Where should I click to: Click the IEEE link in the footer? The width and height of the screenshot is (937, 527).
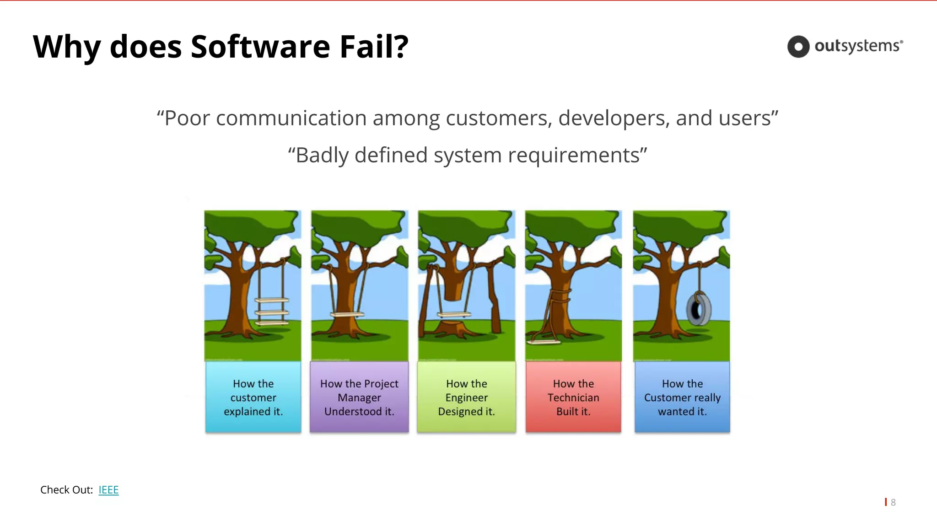point(108,490)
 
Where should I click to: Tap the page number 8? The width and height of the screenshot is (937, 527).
point(893,502)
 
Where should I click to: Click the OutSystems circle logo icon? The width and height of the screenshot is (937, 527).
point(798,47)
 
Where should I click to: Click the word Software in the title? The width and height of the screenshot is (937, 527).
point(260,47)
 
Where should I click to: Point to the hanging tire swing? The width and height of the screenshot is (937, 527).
point(699,309)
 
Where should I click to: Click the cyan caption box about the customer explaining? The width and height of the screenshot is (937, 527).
point(253,397)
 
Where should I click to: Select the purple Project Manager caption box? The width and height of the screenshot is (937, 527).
point(359,397)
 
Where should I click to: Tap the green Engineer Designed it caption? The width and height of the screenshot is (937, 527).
point(466,397)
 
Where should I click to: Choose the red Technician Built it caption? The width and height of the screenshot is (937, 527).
point(573,397)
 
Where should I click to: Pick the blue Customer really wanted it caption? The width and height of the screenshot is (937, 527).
point(682,397)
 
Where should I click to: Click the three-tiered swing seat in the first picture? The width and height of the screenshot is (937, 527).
point(272,312)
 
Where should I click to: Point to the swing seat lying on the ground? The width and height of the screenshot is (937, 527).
point(544,341)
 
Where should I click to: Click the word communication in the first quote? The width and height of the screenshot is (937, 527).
point(291,118)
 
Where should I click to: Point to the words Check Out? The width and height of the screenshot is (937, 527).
point(66,490)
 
